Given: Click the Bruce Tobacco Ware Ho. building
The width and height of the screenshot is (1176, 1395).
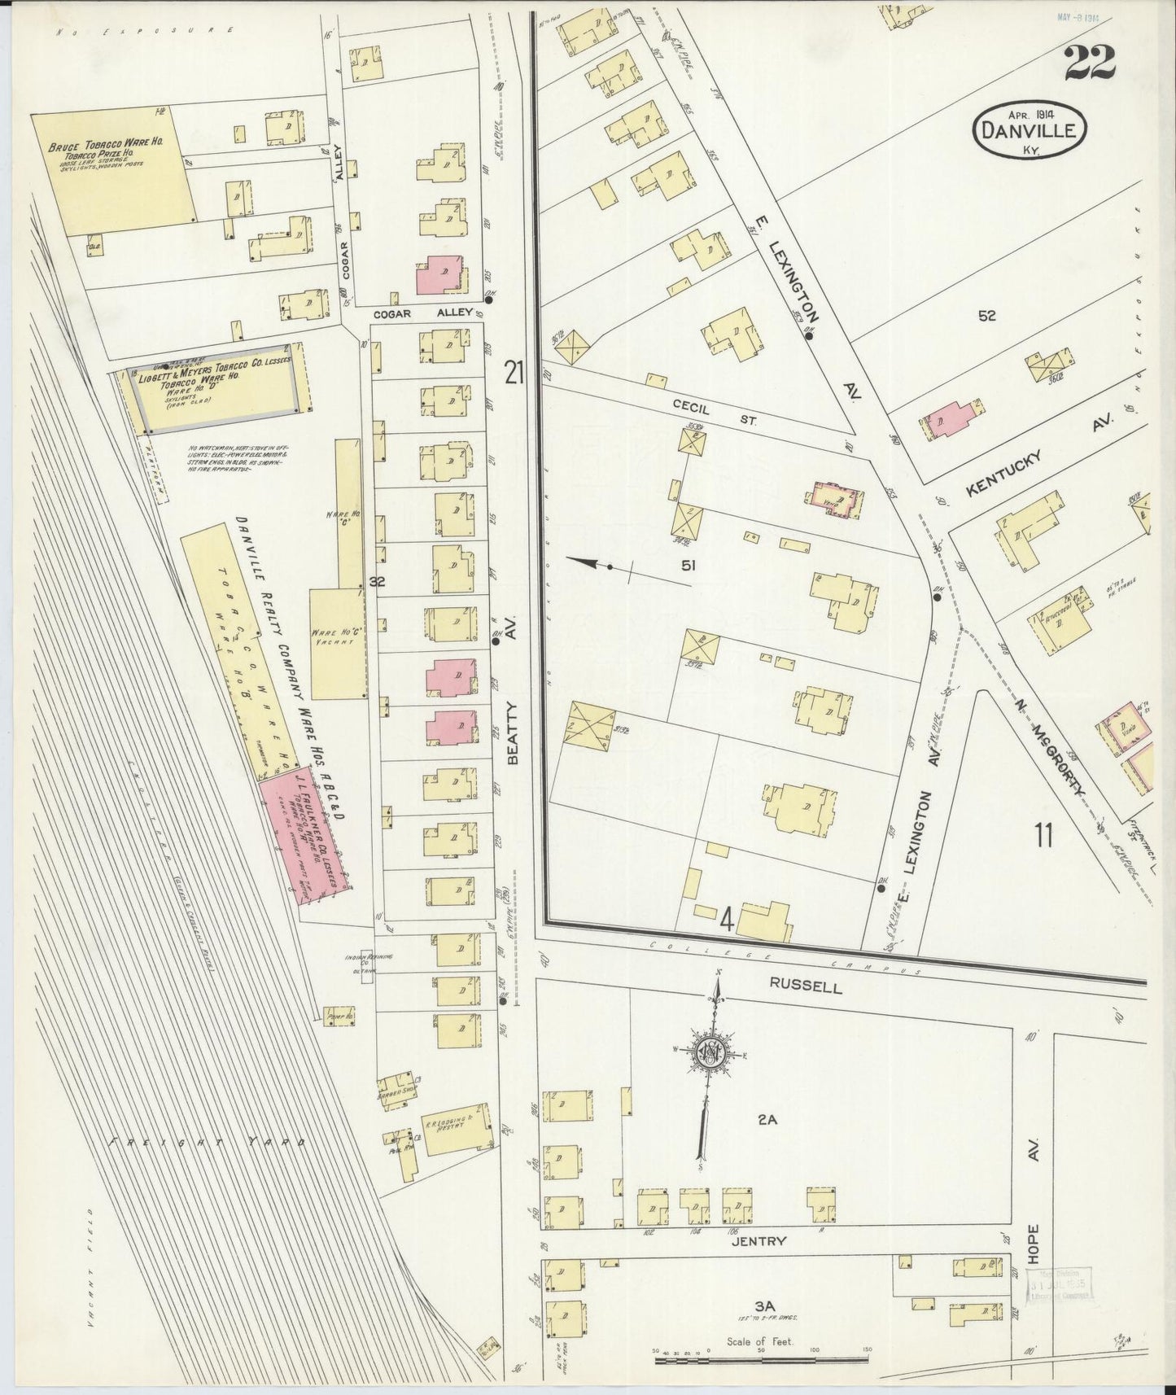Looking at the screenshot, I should pos(114,174).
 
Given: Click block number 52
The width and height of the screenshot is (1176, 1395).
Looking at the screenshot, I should pos(987,317).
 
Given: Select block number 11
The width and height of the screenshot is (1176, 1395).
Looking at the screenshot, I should pos(1043,837).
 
